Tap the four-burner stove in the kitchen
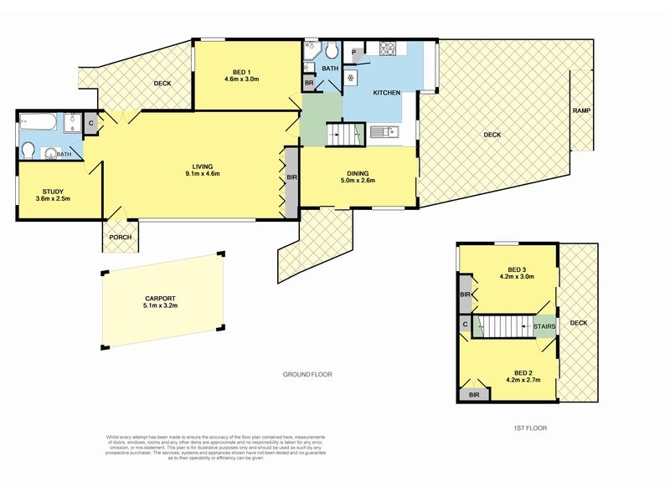pyautogui.click(x=389, y=49)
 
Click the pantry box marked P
pyautogui.click(x=354, y=52)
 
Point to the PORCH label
pyautogui.click(x=121, y=238)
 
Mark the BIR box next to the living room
pyautogui.click(x=291, y=178)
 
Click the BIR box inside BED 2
pyautogui.click(x=474, y=393)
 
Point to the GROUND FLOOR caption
pyautogui.click(x=307, y=375)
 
